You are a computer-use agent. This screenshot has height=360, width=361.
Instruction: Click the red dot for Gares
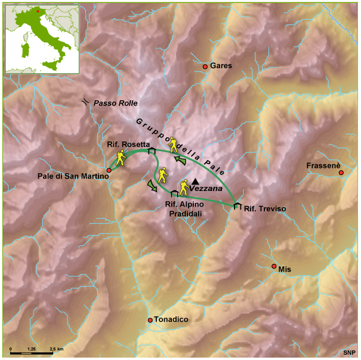point(205,66)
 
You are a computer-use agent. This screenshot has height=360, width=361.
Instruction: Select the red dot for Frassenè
point(341,173)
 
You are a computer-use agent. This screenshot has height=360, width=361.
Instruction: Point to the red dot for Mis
point(274,266)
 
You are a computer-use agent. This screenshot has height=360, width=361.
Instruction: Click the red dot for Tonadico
point(150,321)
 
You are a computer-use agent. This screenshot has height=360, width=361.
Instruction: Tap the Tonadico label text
point(171,320)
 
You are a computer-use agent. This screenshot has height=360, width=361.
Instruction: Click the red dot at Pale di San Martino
point(109,170)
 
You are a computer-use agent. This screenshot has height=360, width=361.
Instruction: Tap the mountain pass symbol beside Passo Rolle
point(87,102)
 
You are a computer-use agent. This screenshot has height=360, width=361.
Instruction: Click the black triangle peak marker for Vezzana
point(195,181)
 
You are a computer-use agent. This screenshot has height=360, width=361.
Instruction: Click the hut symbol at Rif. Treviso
point(237,206)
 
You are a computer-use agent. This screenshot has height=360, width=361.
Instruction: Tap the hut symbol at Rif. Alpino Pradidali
point(174,193)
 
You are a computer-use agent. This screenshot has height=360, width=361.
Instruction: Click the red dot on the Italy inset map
point(37,11)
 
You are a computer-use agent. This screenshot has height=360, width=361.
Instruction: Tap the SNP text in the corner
point(349,353)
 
